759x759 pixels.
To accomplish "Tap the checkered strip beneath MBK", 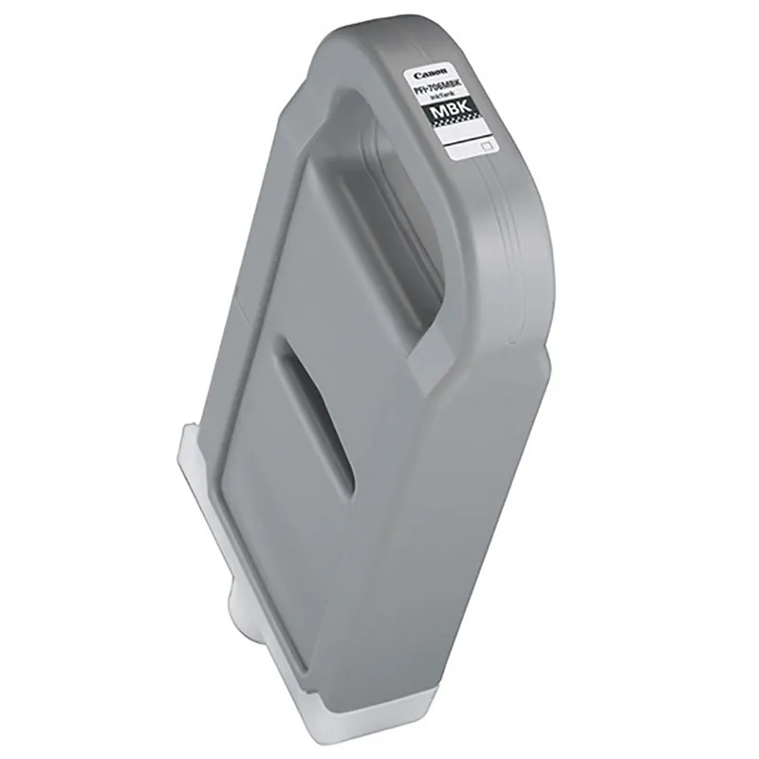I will (456, 133).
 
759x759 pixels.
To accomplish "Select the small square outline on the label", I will (488, 147).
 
